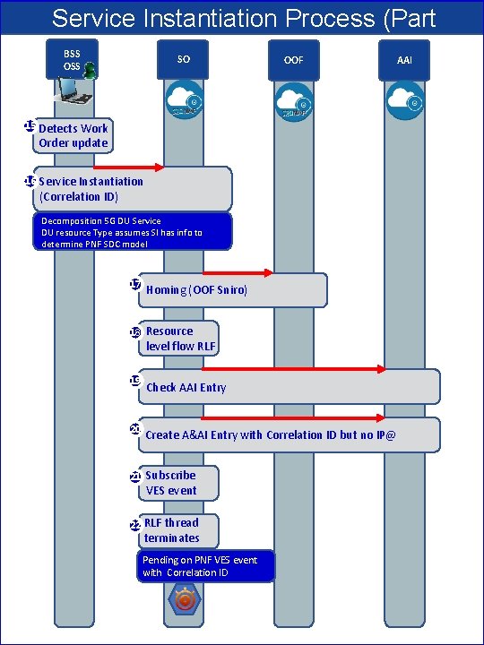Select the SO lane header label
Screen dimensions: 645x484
pyautogui.click(x=183, y=59)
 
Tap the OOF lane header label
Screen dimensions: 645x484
pyautogui.click(x=293, y=60)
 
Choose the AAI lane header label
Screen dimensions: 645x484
pyautogui.click(x=404, y=60)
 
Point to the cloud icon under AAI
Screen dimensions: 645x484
pyautogui.click(x=404, y=101)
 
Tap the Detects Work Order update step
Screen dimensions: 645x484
pyautogui.click(x=73, y=135)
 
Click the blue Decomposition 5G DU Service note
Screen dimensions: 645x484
pyautogui.click(x=133, y=232)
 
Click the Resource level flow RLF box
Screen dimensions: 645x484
pyautogui.click(x=179, y=339)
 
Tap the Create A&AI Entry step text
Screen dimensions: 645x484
pyautogui.click(x=270, y=434)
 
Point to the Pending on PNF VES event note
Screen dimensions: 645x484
pyautogui.click(x=206, y=566)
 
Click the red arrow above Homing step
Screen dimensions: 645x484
pyautogui.click(x=238, y=271)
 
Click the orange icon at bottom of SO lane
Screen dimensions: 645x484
pyautogui.click(x=185, y=599)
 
